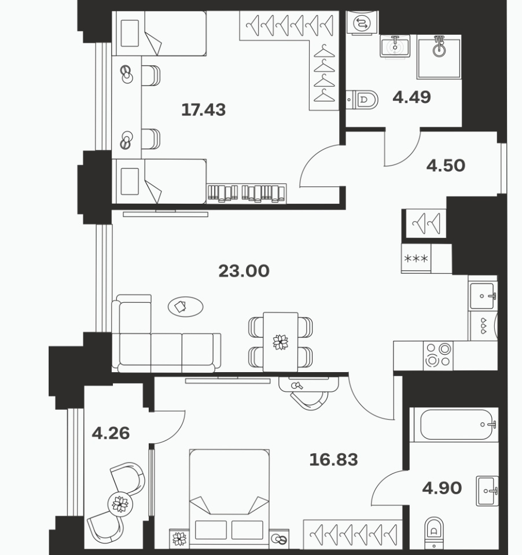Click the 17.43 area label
pyautogui.click(x=204, y=110)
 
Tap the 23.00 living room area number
pyautogui.click(x=244, y=271)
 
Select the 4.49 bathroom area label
pyautogui.click(x=411, y=97)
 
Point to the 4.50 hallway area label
pyautogui.click(x=446, y=166)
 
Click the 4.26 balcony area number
pyautogui.click(x=111, y=433)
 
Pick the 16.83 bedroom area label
pyautogui.click(x=333, y=460)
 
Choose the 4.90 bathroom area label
pyautogui.click(x=442, y=488)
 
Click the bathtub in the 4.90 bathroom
pyautogui.click(x=454, y=425)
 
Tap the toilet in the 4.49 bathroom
pyautogui.click(x=362, y=100)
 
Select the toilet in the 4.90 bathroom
pyautogui.click(x=434, y=532)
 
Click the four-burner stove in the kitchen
pyautogui.click(x=438, y=356)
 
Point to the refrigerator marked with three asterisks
pyautogui.click(x=416, y=258)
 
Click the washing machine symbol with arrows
pyautogui.click(x=362, y=23)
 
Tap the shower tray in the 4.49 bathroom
pyautogui.click(x=439, y=57)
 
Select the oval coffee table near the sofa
pyautogui.click(x=185, y=307)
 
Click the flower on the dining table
pyautogui.click(x=280, y=342)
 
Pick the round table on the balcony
pyautogui.click(x=120, y=504)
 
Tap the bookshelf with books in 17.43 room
pyautogui.click(x=247, y=193)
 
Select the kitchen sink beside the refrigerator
pyautogui.click(x=483, y=296)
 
